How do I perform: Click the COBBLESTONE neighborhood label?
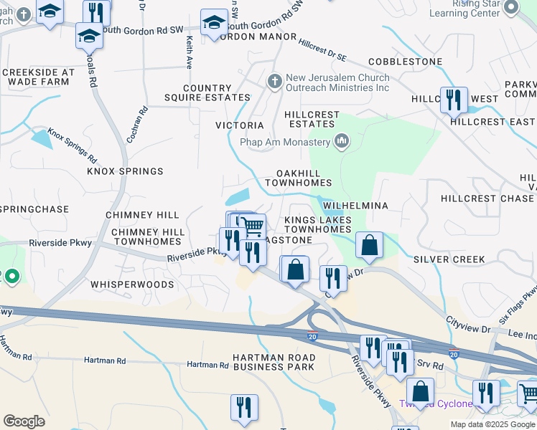(405, 62)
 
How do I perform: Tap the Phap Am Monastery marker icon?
(342, 141)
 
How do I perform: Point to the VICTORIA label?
(240, 125)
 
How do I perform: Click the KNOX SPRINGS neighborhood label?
(125, 171)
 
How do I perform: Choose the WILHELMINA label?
(355, 206)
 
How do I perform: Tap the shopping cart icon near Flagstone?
(252, 226)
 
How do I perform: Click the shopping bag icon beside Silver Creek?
(368, 245)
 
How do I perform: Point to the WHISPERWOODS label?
(132, 285)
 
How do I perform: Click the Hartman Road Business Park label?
(274, 362)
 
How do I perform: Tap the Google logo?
(24, 421)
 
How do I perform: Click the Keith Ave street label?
(190, 52)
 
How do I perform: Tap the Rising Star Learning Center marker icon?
(511, 8)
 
